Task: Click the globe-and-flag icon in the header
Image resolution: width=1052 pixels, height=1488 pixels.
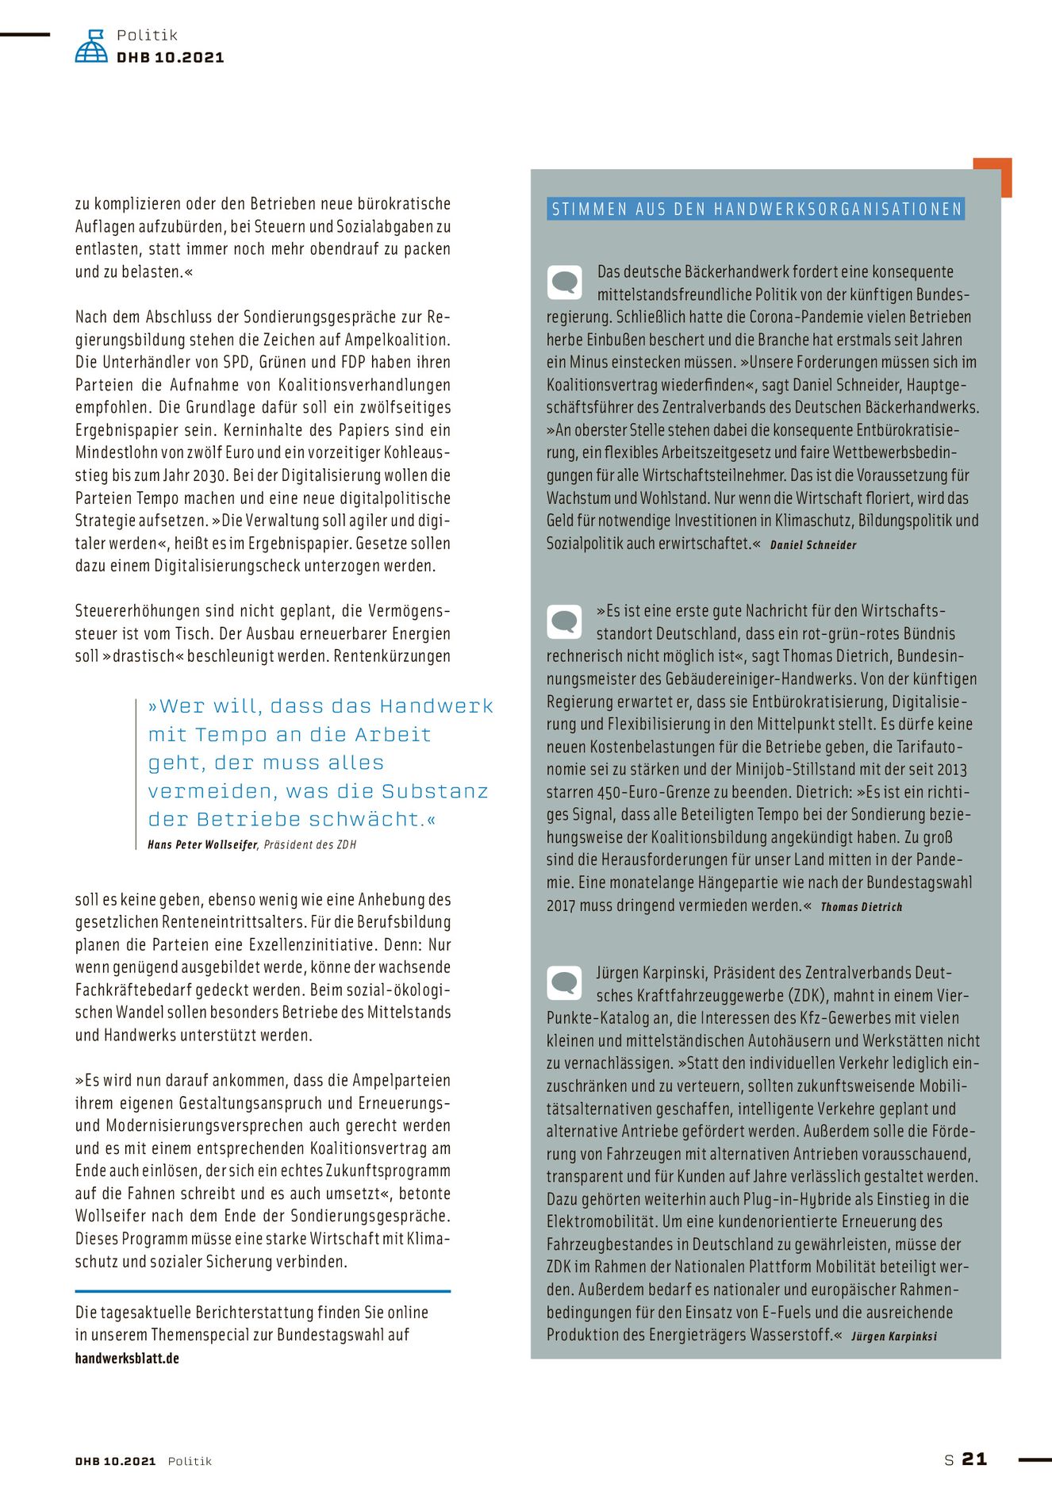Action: pyautogui.click(x=91, y=46)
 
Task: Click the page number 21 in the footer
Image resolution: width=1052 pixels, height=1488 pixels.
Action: pyautogui.click(x=974, y=1459)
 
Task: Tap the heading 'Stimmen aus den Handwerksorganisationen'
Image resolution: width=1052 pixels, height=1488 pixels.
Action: pyautogui.click(x=756, y=210)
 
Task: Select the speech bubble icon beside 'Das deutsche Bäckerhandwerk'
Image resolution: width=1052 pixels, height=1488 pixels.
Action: pyautogui.click(x=565, y=282)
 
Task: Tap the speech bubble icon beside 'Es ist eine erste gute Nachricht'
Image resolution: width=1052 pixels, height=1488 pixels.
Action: pyautogui.click(x=565, y=621)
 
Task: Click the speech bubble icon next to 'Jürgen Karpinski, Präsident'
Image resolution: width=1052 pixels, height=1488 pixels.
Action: pyautogui.click(x=565, y=983)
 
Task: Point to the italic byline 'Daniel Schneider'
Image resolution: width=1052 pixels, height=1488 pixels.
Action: pyautogui.click(x=813, y=545)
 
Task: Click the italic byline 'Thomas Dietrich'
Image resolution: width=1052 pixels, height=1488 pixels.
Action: pyautogui.click(x=862, y=907)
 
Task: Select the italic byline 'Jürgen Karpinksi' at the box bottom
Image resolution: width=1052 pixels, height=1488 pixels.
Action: pyautogui.click(x=894, y=1336)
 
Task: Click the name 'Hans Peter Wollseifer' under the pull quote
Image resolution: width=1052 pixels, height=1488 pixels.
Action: pyautogui.click(x=202, y=845)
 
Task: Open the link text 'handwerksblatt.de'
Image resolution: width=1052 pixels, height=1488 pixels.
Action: pyautogui.click(x=127, y=1359)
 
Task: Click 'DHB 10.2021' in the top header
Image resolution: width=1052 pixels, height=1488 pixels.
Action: pyautogui.click(x=170, y=58)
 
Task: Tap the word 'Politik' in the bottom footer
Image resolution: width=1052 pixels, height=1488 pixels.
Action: pyautogui.click(x=190, y=1461)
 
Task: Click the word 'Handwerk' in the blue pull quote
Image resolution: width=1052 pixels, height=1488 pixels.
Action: pyautogui.click(x=436, y=706)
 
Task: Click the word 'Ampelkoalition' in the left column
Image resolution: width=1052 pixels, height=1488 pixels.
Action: pyautogui.click(x=396, y=340)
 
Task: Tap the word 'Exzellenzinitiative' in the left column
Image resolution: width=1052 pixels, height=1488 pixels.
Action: pyautogui.click(x=307, y=945)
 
